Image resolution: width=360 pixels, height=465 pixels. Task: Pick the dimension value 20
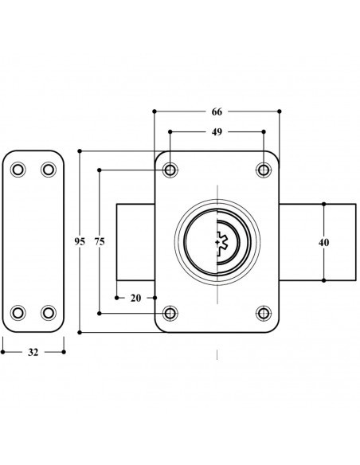[135, 298]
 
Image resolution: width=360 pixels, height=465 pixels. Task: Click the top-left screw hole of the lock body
[170, 169]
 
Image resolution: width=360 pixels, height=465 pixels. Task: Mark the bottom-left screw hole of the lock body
[170, 312]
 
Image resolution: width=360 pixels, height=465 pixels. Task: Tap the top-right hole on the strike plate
[48, 169]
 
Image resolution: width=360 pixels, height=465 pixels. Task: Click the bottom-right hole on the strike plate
[48, 311]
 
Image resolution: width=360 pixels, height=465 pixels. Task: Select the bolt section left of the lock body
[135, 241]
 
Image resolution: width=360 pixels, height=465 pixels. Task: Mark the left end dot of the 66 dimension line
[155, 111]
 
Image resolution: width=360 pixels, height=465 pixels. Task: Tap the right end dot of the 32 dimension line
[64, 349]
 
